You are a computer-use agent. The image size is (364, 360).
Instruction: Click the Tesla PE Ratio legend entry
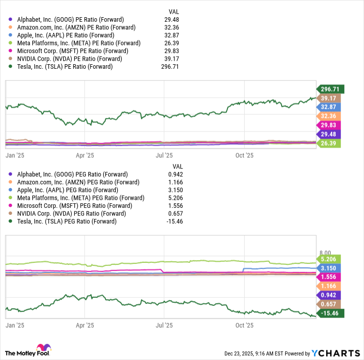tap(65, 66)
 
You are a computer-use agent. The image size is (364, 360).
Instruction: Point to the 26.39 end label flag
tap(330, 144)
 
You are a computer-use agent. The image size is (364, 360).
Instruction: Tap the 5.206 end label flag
tap(330, 258)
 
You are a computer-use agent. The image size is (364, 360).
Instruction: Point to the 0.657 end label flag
tap(330, 304)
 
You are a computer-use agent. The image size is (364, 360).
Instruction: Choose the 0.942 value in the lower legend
tap(174, 174)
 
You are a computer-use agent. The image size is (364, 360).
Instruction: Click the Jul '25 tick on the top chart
tap(164, 156)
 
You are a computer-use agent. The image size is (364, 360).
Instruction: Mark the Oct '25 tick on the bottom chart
tap(244, 326)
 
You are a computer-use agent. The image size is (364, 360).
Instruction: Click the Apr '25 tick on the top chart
tap(84, 156)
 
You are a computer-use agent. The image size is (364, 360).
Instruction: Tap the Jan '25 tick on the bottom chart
tap(13, 326)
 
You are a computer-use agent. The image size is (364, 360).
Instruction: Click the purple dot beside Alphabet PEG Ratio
tap(10, 174)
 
